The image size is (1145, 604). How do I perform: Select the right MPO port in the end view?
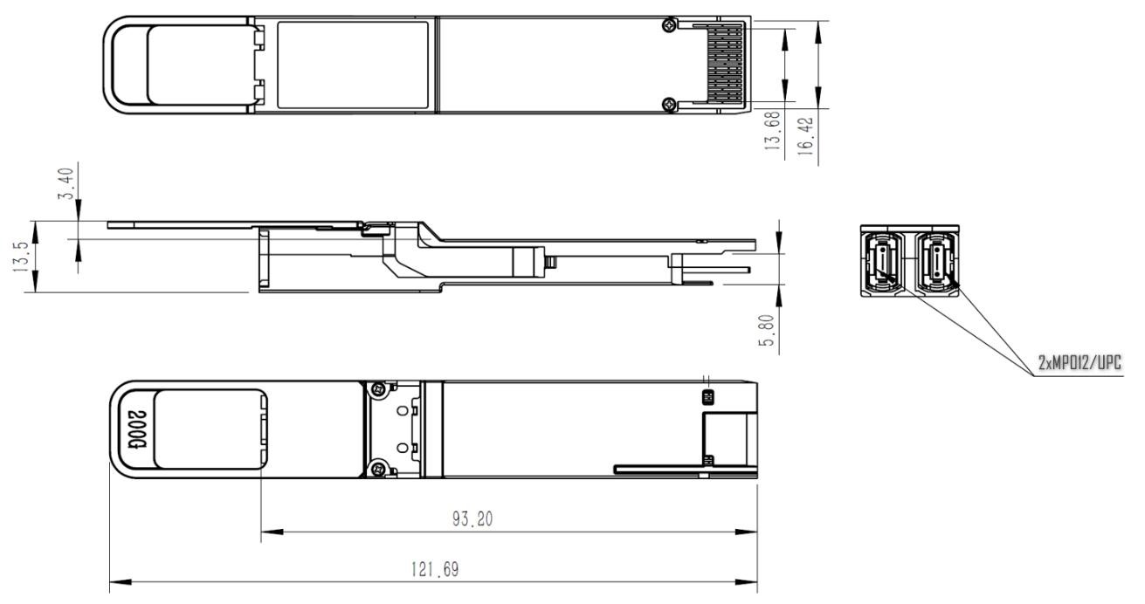[x=935, y=261]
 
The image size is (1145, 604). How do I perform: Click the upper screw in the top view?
[x=668, y=27]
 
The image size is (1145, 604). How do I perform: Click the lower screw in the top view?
[x=668, y=105]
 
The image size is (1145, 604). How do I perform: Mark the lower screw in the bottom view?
[x=377, y=470]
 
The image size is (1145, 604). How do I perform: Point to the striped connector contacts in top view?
[x=724, y=65]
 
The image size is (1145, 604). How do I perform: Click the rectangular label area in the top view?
[x=352, y=65]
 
